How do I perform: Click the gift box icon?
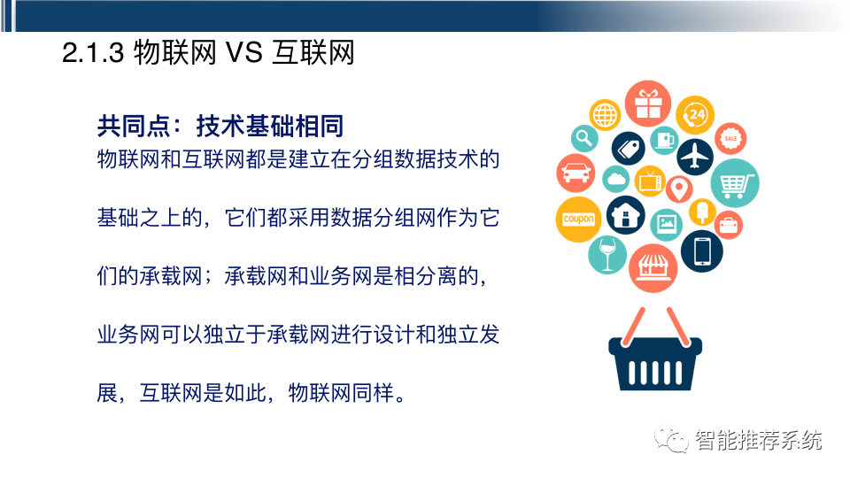[x=648, y=104]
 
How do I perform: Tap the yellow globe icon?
[x=605, y=115]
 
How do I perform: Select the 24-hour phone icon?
[x=695, y=115]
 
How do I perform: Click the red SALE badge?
[x=730, y=138]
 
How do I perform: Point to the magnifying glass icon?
[x=584, y=138]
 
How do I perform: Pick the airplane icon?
[x=695, y=157]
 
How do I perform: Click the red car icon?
[x=576, y=173]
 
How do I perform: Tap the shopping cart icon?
[x=735, y=183]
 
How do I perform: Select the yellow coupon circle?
[x=578, y=219]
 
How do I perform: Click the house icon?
[x=626, y=215]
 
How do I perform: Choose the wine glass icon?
[x=607, y=255]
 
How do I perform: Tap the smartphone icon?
[x=702, y=251]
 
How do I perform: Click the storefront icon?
[x=653, y=267]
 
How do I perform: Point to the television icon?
[x=650, y=181]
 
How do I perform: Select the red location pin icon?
[x=679, y=189]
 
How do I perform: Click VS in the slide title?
[x=244, y=52]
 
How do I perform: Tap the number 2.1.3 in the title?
[x=93, y=53]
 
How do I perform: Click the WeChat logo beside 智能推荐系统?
[x=670, y=438]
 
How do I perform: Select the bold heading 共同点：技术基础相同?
[x=220, y=127]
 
